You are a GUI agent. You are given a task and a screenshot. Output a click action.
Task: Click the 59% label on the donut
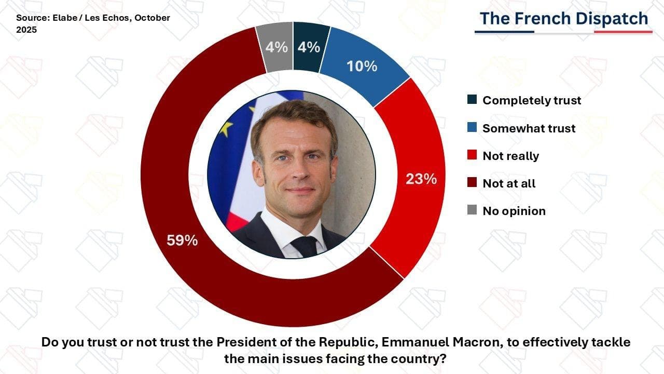[x=182, y=241]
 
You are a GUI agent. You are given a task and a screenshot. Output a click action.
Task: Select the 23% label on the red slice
[x=421, y=179]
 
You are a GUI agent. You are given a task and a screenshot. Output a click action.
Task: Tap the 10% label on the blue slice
[x=362, y=66]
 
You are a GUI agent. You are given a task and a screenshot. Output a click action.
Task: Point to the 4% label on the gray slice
[x=276, y=47]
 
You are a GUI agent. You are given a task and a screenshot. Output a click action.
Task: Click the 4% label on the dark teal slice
[x=309, y=47]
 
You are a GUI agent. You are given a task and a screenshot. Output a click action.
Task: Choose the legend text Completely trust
[x=532, y=100]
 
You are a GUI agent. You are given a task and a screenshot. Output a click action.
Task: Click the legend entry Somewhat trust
[x=529, y=128]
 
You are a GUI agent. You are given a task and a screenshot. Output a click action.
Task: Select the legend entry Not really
[x=510, y=156]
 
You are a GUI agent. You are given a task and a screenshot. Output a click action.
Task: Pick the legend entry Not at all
[x=509, y=183]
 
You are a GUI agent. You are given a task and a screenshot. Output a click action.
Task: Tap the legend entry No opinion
[x=514, y=211]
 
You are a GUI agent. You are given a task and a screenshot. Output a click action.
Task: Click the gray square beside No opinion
[x=472, y=210]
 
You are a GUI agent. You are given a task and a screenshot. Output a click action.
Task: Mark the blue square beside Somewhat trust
[x=472, y=128]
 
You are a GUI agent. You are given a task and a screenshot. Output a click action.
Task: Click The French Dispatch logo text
[x=563, y=19]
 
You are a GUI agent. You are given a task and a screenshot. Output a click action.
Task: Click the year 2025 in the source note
[x=26, y=30]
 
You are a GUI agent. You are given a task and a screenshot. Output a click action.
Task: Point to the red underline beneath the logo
[x=622, y=32]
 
